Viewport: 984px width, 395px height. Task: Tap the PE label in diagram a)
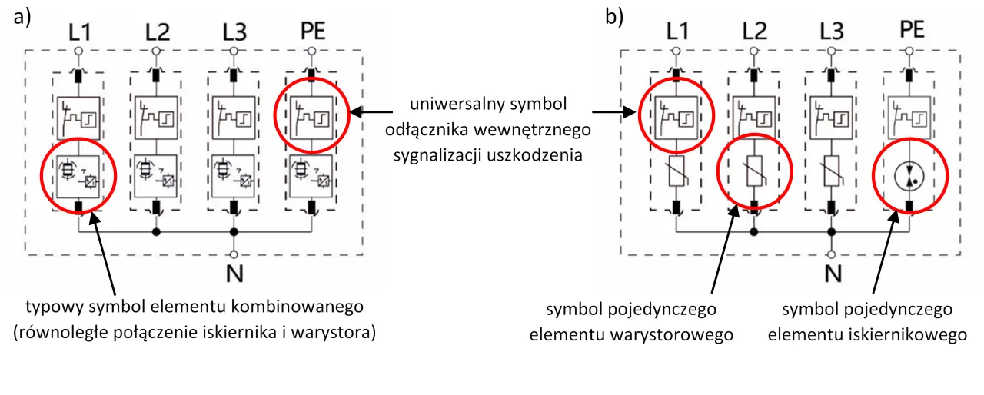point(311,32)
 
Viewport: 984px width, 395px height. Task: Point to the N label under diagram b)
point(831,274)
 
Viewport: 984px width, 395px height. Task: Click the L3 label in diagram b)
point(832,32)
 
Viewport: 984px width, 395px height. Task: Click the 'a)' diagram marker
point(22,17)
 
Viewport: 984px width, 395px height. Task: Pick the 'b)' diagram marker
point(614,17)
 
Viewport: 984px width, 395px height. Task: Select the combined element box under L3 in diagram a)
point(234,178)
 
